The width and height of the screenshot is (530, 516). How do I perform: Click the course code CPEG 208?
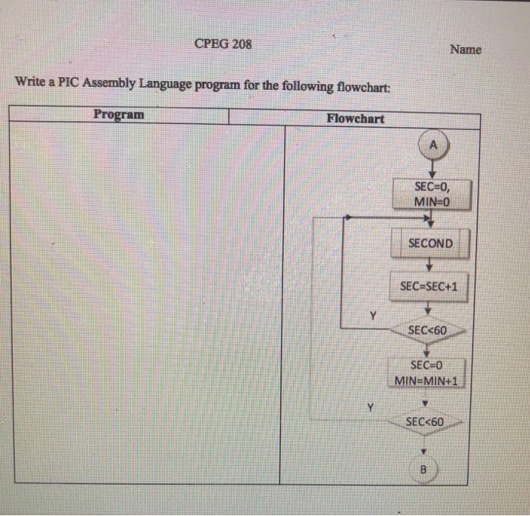click(x=223, y=43)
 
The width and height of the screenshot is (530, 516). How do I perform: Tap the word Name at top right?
click(x=465, y=49)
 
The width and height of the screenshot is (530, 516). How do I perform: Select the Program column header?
click(x=118, y=114)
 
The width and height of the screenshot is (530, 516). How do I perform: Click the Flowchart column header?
click(x=355, y=118)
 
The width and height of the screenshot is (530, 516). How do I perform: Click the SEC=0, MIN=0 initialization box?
click(x=432, y=194)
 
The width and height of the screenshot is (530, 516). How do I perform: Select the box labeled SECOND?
click(x=430, y=244)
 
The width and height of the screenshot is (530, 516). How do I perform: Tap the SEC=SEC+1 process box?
click(x=428, y=287)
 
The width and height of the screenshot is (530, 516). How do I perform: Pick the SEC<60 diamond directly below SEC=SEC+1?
click(x=427, y=330)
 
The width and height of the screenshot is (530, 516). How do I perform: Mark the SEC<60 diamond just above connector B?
click(x=424, y=421)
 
